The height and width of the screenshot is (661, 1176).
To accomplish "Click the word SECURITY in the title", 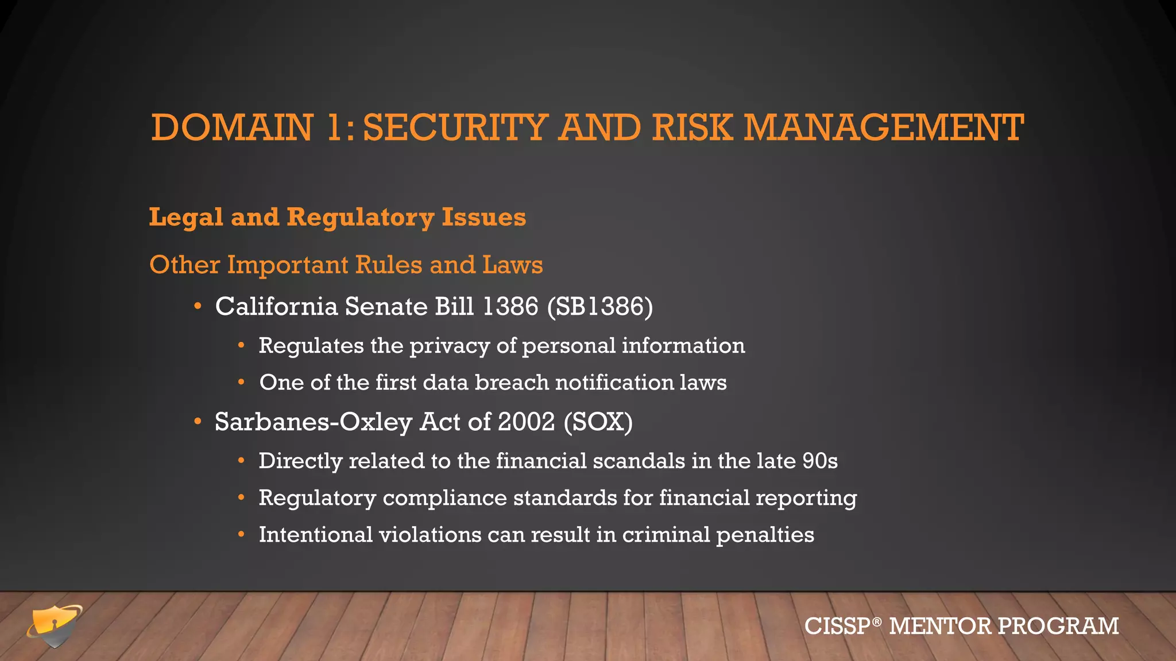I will [x=455, y=127].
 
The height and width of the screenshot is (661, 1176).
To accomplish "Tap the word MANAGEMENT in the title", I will [x=884, y=127].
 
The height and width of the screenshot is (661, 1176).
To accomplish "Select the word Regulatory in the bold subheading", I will [x=360, y=217].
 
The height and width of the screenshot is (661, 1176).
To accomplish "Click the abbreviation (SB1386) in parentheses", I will [x=600, y=306].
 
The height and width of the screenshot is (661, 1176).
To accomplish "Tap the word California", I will [x=276, y=306].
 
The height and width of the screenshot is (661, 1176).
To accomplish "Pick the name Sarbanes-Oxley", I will [x=313, y=422].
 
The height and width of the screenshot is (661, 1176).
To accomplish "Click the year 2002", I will [x=526, y=422].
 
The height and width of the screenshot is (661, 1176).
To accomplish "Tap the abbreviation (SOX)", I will [x=598, y=422].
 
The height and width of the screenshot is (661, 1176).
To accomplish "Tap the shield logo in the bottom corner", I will [x=53, y=626].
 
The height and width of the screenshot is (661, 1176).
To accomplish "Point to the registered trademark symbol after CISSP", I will [x=876, y=621].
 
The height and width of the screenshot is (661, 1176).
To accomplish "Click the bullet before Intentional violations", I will [x=242, y=535].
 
